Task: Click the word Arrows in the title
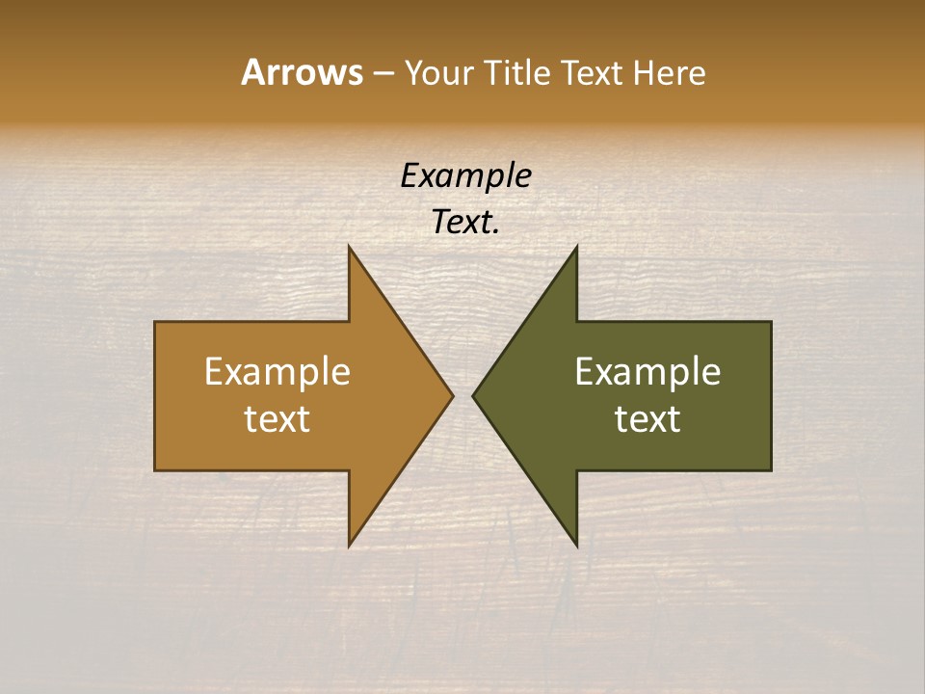pos(302,72)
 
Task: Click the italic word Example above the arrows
pos(465,175)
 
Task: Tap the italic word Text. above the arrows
pos(465,222)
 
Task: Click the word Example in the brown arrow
pos(277,372)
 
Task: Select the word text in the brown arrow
pos(277,418)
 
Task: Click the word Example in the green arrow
pos(647,372)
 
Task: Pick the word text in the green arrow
pos(647,418)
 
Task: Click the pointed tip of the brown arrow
pos(453,395)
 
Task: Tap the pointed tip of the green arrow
pos(473,395)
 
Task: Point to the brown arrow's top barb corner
pos(349,247)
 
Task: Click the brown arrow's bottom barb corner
pos(349,546)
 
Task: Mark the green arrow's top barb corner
pos(576,247)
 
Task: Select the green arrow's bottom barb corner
pos(576,546)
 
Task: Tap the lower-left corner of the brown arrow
pos(155,470)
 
